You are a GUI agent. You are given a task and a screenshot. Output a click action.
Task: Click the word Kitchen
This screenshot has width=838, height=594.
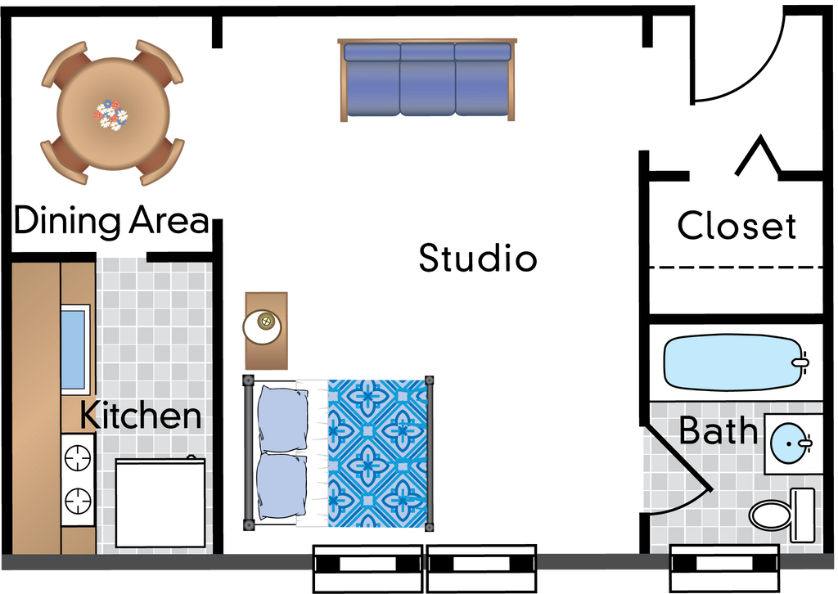point(140,416)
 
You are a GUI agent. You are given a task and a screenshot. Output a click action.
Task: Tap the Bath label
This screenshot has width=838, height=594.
point(718,431)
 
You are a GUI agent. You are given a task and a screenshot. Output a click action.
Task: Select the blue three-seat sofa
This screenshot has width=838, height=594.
point(428,79)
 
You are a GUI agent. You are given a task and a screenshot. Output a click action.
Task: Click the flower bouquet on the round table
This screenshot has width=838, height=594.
point(111,113)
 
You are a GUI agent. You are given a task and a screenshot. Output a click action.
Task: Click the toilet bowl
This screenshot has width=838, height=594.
point(770,515)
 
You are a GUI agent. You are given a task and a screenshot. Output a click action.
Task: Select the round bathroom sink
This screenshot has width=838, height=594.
point(791,443)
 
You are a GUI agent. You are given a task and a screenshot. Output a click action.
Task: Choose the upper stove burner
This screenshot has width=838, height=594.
point(79,457)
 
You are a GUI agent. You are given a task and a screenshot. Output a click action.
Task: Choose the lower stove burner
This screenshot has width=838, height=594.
point(79,497)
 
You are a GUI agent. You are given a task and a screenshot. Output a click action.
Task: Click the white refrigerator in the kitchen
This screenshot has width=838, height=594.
point(160,502)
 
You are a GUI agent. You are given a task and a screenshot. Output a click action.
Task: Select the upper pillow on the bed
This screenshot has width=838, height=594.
point(282,419)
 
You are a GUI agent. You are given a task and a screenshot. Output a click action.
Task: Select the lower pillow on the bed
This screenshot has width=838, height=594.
point(282,488)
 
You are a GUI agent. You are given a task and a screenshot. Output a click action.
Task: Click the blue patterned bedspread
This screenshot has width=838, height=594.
point(378,452)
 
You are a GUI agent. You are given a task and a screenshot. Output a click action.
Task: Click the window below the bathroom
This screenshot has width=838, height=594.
point(723,564)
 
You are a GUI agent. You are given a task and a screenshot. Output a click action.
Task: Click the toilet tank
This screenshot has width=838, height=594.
point(803,515)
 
